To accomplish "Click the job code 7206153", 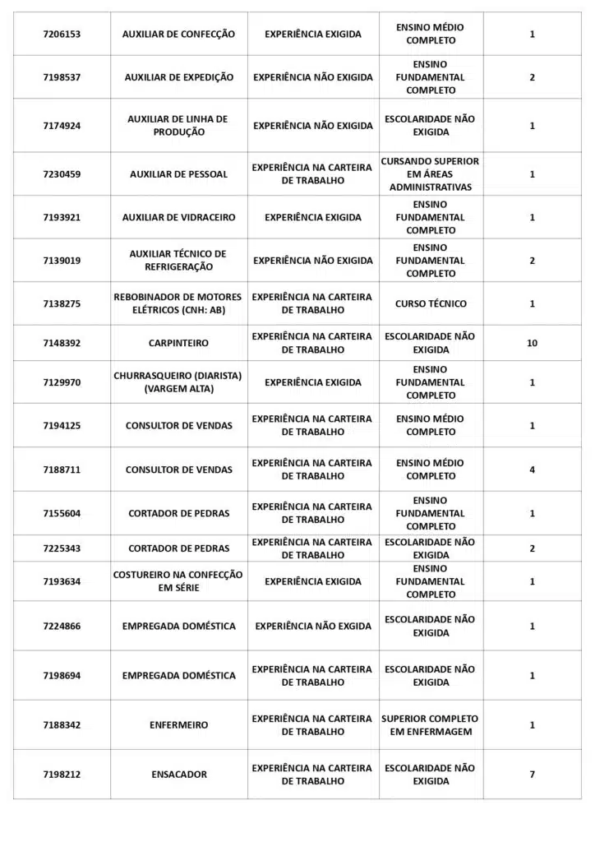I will point(62,35).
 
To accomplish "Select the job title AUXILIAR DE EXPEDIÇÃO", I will point(178,77).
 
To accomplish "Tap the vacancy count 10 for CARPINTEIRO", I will point(532,343).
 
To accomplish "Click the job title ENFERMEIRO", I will point(178,725).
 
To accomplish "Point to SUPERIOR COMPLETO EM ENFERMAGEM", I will point(431,725).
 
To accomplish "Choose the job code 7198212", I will point(62,775).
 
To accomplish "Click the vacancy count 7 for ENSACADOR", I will point(532,775).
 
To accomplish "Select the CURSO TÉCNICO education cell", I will point(431,303).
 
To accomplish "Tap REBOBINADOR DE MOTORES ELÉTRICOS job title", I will point(178,303).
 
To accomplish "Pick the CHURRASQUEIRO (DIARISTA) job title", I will point(178,382).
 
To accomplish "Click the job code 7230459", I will point(62,174).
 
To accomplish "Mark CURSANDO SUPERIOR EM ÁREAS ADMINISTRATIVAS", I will point(431,174).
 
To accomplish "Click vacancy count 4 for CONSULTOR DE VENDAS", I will point(532,470).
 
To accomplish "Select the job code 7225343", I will point(62,548).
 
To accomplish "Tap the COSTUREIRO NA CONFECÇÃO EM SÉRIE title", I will point(178,581).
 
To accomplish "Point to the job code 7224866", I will point(62,627).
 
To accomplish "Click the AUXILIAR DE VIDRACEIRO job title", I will point(178,218).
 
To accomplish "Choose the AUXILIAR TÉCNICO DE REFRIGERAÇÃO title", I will point(178,261).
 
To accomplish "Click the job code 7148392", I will point(62,343).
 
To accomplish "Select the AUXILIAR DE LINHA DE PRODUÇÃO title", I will point(178,126).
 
